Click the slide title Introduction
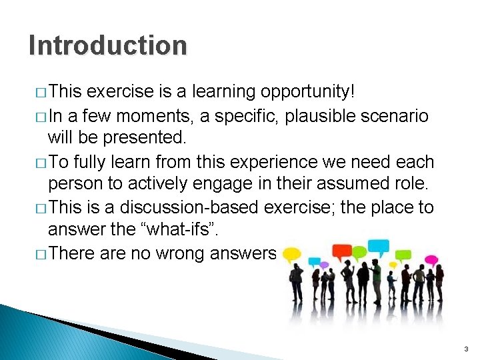tap(108, 45)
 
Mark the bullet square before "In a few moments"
tap(37, 117)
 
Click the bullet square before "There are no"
tap(37, 254)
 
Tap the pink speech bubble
tap(431, 259)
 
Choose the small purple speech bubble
tap(324, 264)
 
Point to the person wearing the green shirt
tap(377, 275)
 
